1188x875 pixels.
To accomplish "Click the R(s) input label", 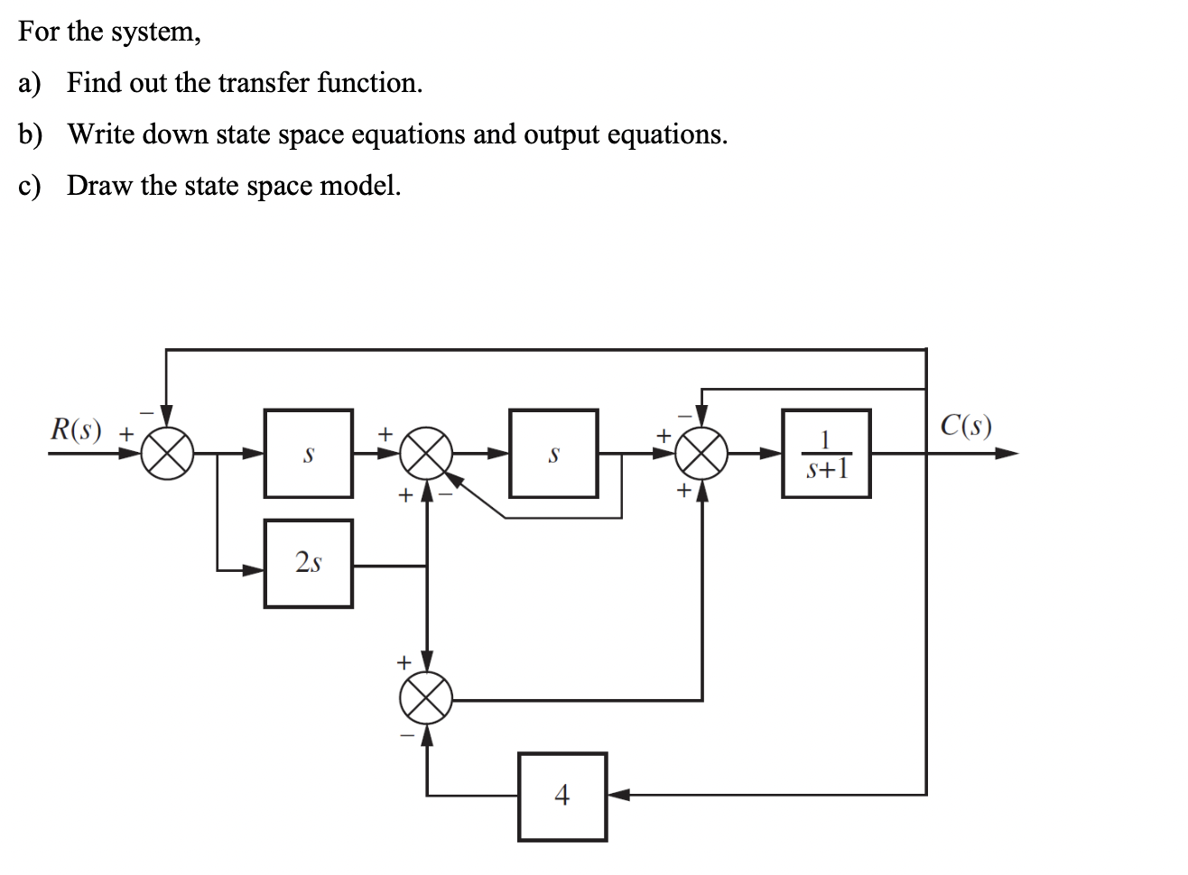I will pos(76,429).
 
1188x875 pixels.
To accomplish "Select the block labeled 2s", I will pos(308,564).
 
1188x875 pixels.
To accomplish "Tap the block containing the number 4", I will pos(562,796).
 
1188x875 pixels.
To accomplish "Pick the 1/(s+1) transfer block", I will pos(826,454).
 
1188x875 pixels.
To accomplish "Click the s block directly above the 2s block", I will pos(308,454).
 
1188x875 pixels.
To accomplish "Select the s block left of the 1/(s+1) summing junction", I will pos(553,454).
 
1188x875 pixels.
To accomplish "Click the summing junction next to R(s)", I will pos(167,454).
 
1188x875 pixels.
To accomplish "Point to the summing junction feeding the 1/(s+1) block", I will pos(703,454).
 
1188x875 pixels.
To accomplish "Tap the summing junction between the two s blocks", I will pos(426,454).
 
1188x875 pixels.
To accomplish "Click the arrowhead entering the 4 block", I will pos(617,796).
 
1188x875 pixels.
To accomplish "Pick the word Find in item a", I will pos(95,83).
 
